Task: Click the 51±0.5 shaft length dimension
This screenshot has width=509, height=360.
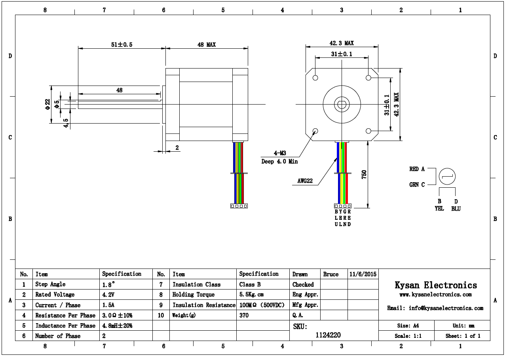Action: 122,45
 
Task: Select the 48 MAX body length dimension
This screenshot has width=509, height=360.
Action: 207,45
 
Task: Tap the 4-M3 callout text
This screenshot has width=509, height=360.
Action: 279,153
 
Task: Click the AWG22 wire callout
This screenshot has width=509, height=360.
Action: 305,181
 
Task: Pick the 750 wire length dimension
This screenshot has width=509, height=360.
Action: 364,174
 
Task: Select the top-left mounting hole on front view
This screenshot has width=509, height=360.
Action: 315,78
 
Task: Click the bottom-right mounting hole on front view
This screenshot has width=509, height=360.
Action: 368,131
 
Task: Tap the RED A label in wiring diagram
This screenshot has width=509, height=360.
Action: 417,169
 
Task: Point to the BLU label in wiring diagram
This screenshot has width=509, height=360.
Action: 456,209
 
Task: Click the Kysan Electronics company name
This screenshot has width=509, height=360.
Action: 435,285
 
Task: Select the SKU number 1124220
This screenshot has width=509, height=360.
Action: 328,335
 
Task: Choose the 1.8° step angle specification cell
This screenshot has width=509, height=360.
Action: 108,284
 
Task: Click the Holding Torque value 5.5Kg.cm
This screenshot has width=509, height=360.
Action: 251,295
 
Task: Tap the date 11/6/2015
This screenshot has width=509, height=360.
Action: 363,274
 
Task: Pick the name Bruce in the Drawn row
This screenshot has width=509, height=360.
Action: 331,274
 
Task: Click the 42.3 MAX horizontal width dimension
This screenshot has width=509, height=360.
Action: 342,43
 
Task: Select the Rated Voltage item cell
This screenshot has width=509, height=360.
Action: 55,295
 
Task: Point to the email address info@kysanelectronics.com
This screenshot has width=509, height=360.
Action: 435,308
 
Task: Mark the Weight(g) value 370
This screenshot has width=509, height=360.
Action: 244,316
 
